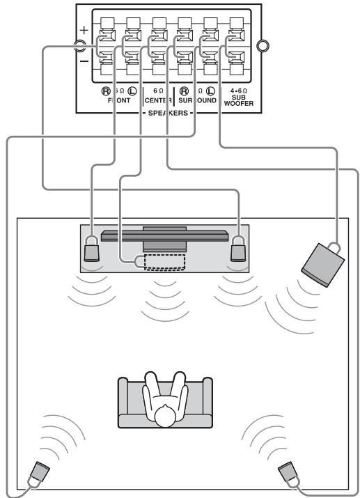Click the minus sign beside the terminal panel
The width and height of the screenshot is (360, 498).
[84, 62]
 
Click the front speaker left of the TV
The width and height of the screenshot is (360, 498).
[92, 249]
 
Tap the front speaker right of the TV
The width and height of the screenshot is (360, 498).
[238, 249]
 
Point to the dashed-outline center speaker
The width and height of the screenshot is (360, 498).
[165, 261]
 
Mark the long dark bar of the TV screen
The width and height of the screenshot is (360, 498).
[165, 235]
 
